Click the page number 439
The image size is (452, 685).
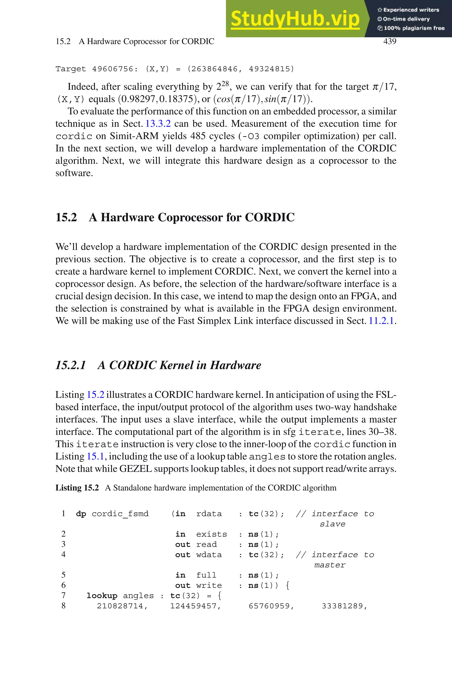tap(390, 41)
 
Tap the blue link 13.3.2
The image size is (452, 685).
tap(158, 124)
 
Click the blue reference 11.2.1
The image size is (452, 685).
tap(381, 321)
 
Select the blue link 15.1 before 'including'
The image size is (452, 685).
tap(95, 456)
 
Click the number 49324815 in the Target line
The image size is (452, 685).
tap(269, 69)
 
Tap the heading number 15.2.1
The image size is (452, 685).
tap(71, 365)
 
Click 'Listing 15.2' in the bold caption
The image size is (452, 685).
tap(77, 488)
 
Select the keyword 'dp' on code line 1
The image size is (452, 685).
tap(81, 514)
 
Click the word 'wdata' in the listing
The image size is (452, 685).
tap(209, 555)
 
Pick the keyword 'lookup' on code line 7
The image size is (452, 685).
tap(102, 596)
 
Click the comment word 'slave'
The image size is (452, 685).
tap(332, 524)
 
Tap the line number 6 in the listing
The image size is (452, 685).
tap(63, 585)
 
